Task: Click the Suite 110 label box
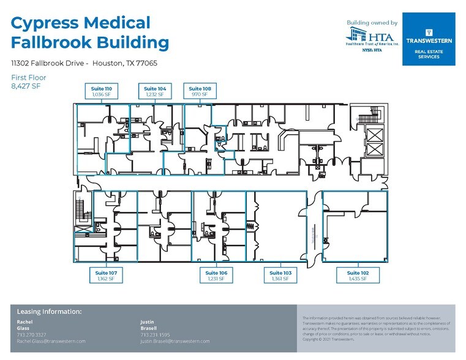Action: coord(102,92)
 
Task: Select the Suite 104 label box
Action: coord(154,92)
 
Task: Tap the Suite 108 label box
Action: coord(200,92)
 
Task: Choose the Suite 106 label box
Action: coord(216,276)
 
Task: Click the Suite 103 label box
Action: coord(280,276)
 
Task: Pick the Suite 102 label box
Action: coord(358,276)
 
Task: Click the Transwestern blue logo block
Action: coord(429,39)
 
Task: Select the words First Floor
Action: coord(28,78)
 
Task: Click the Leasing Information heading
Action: coord(49,312)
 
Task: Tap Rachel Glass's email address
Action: coord(51,341)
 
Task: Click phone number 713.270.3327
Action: coord(31,335)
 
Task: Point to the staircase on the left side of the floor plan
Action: coord(79,212)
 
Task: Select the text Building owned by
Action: coord(372,23)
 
